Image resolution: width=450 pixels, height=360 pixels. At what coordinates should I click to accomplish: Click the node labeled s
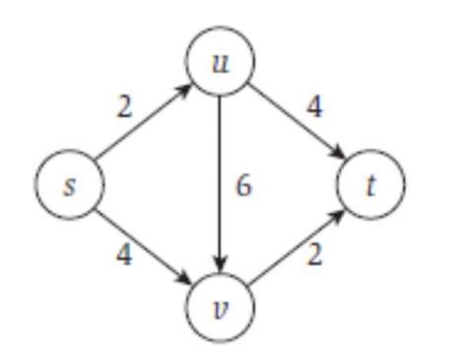67,185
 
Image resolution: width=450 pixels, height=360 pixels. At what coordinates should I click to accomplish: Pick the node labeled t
371,185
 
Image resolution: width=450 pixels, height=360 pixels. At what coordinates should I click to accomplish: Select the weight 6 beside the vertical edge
243,185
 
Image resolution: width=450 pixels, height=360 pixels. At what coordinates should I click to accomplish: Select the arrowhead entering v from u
222,266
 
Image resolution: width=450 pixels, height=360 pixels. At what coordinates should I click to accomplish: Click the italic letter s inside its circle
67,185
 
